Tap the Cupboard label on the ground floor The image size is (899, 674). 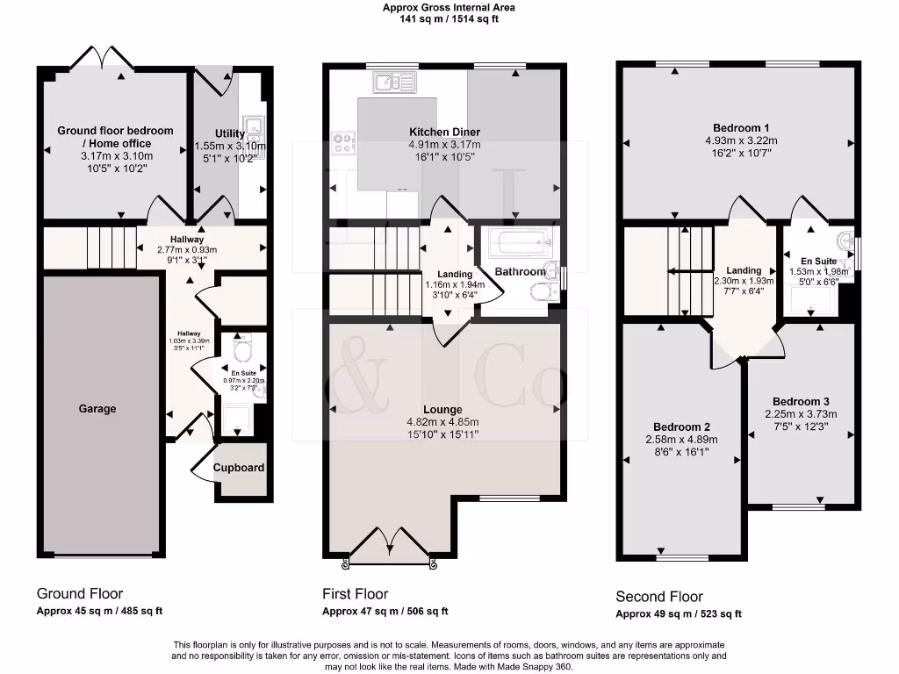tap(240, 468)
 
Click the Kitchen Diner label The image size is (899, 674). tap(444, 132)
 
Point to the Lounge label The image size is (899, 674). tap(442, 410)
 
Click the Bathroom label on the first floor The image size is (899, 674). tap(520, 272)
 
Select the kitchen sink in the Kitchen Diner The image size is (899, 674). tap(394, 82)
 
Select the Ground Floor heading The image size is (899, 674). tap(80, 593)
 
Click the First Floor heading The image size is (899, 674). tap(355, 594)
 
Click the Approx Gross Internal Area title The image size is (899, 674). tap(449, 7)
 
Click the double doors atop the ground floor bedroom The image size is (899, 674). tap(104, 59)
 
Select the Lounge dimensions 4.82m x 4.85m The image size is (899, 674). tap(442, 422)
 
